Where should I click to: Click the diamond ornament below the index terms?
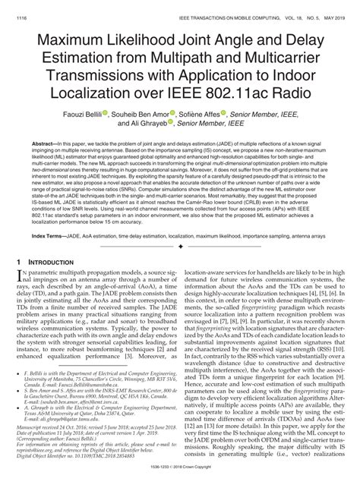(180, 227)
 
